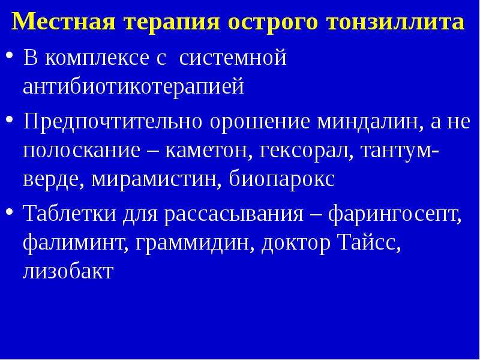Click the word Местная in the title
64,22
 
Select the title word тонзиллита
395,22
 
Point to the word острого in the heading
273,23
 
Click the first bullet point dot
10,55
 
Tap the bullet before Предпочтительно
10,119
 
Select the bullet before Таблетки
10,211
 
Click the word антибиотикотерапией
133,86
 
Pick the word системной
233,57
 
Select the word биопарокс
282,179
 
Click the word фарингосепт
395,214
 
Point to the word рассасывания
233,214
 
